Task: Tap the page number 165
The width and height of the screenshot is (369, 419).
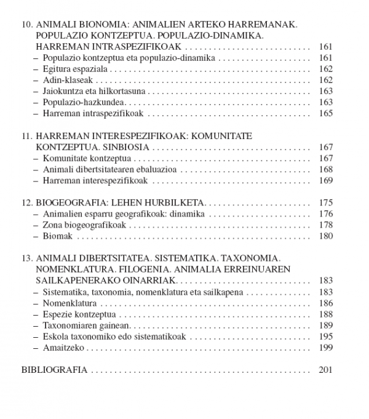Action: pos(326,113)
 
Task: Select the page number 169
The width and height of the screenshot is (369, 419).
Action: pos(326,180)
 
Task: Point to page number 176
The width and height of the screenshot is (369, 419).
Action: pos(326,214)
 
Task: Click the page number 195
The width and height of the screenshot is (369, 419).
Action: pos(326,337)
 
